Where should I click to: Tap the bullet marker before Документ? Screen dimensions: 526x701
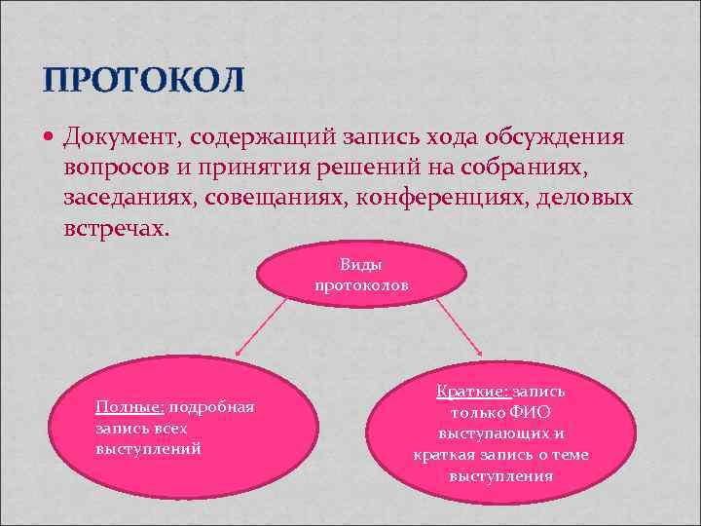click(x=51, y=137)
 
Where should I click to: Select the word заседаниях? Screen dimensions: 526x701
click(x=128, y=199)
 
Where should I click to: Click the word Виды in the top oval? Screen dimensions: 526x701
click(x=362, y=265)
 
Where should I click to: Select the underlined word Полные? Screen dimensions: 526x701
click(x=128, y=407)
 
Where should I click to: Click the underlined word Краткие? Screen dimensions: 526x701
click(x=472, y=391)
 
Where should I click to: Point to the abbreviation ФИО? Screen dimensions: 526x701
click(x=530, y=412)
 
